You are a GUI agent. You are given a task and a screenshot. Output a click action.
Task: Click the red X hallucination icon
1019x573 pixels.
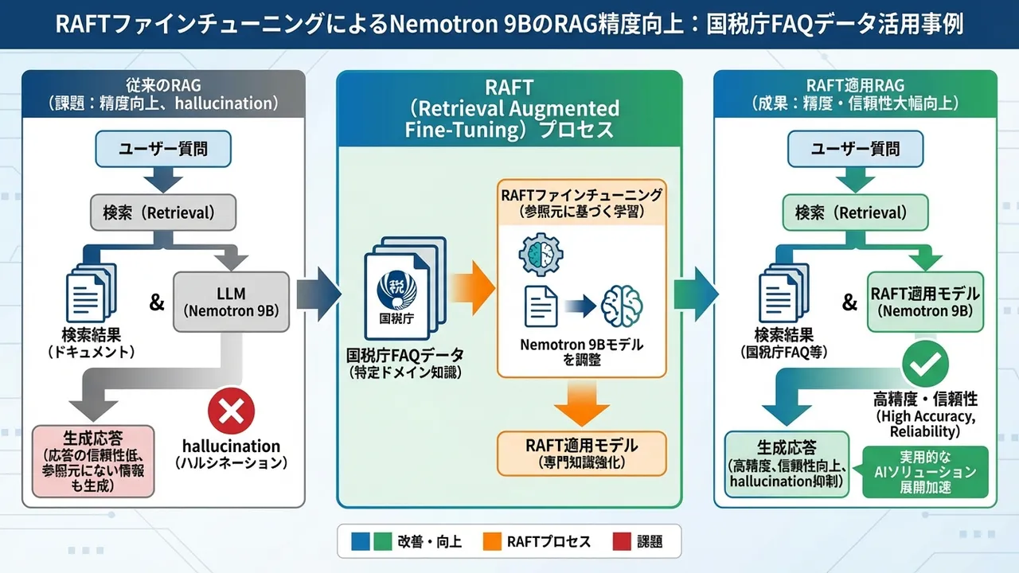pos(231,411)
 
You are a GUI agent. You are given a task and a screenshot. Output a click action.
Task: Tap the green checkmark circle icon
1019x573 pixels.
pos(924,365)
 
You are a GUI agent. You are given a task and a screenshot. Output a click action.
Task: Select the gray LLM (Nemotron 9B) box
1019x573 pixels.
pos(231,301)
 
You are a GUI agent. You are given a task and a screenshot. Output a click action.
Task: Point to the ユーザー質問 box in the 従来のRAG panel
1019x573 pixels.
pos(163,148)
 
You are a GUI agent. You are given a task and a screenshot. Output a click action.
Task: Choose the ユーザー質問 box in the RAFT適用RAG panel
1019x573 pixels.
pos(856,148)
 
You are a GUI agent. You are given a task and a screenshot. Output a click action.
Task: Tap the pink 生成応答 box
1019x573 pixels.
pos(93,460)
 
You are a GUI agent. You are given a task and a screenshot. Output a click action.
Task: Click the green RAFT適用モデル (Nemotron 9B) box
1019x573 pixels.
pos(925,302)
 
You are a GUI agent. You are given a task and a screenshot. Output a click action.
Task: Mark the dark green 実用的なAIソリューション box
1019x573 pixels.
pos(925,472)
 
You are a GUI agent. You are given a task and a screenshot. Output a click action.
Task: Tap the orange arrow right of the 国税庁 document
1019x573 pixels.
pos(470,287)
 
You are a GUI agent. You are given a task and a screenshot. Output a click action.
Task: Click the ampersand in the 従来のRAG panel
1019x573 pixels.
pos(157,302)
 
